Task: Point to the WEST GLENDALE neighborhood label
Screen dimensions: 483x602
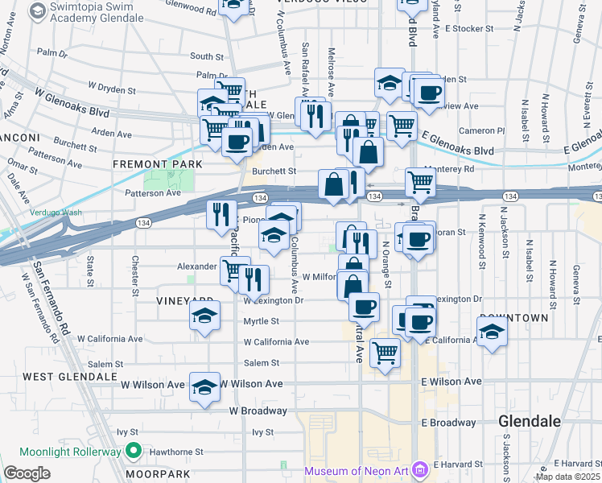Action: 60,377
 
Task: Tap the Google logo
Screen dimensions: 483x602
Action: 27,473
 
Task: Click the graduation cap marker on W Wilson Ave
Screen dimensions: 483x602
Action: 205,386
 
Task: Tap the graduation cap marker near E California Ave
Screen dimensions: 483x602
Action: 492,330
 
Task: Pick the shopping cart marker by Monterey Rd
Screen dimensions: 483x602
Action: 420,182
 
